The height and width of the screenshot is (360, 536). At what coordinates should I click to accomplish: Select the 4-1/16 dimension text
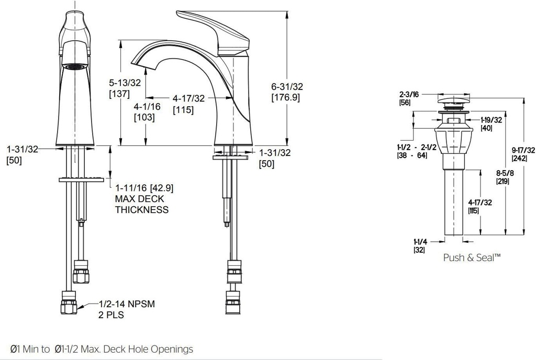pos(147,106)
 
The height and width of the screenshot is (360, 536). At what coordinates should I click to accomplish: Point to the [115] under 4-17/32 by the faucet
pos(183,110)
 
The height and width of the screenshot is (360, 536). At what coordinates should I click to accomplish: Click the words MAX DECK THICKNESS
pos(142,204)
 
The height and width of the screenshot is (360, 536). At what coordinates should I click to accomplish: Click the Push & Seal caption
pos(472,257)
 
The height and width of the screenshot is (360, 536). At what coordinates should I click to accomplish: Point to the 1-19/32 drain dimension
pos(492,120)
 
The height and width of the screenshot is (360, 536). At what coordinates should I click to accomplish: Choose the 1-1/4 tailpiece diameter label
pos(420,241)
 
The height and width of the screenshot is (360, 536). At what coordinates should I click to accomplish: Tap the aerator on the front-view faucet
pos(74,66)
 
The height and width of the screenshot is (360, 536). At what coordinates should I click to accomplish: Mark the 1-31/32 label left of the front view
pos(23,149)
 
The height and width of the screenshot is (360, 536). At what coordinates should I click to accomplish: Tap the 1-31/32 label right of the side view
pos(275,152)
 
